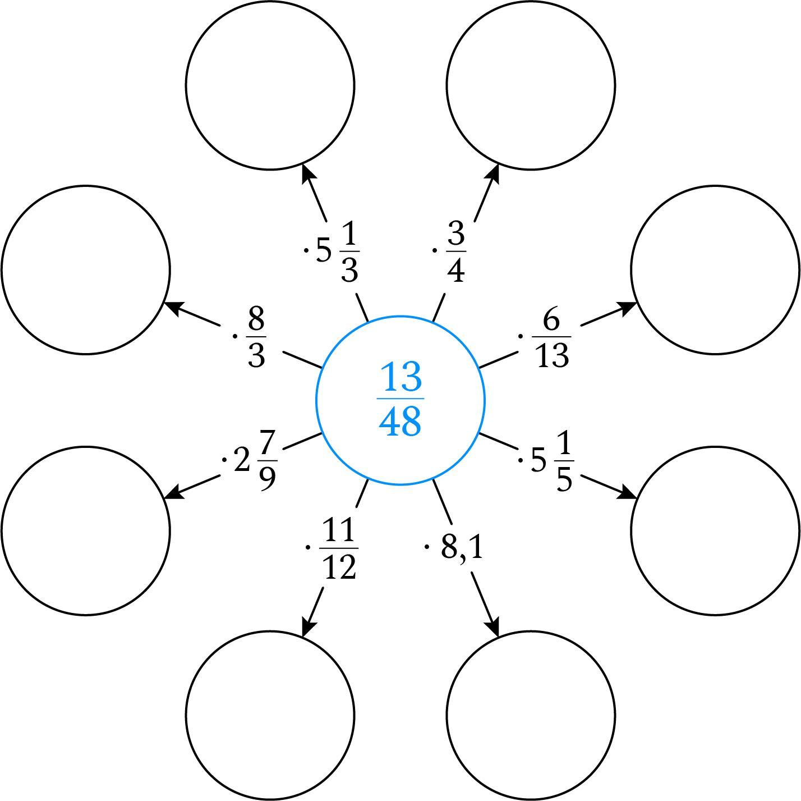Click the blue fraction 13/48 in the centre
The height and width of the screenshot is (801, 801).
tap(400, 400)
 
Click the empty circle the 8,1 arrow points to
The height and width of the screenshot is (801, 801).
tap(531, 715)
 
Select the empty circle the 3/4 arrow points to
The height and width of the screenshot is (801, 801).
tap(531, 85)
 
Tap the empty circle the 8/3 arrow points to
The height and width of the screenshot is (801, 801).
tap(86, 269)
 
